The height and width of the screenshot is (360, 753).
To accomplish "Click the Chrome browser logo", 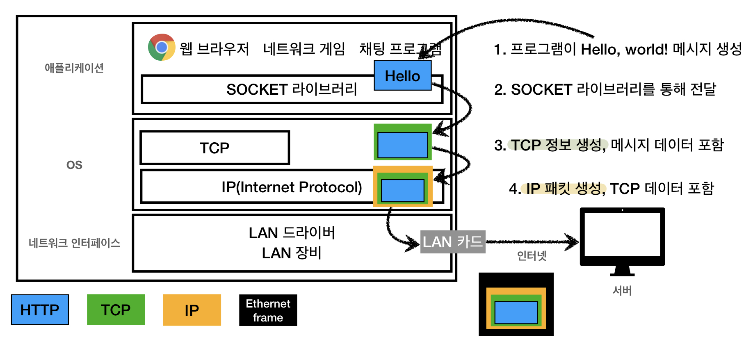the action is pyautogui.click(x=162, y=47).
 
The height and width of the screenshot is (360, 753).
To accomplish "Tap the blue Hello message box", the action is pyautogui.click(x=403, y=75).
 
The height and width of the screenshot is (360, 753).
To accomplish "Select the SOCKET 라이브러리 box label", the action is pyautogui.click(x=292, y=89).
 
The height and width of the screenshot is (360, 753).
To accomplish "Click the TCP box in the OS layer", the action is pyautogui.click(x=215, y=148).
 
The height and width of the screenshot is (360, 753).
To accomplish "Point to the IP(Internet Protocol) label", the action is pyautogui.click(x=292, y=187).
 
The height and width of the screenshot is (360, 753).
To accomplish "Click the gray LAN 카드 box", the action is pyautogui.click(x=453, y=242).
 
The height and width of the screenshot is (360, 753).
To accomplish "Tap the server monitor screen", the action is pyautogui.click(x=622, y=234).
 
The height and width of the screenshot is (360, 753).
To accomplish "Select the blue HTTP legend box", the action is pyautogui.click(x=40, y=310).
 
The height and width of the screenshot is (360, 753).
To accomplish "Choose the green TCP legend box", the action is pyautogui.click(x=116, y=310).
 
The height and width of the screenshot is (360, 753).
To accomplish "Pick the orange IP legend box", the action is pyautogui.click(x=192, y=310).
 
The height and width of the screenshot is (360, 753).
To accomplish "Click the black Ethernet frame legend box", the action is pyautogui.click(x=268, y=310).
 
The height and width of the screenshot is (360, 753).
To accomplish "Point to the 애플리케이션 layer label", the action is pyautogui.click(x=74, y=68).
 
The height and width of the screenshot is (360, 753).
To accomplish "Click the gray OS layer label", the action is pyautogui.click(x=74, y=165).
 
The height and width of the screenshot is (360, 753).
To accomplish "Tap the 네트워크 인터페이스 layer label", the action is pyautogui.click(x=74, y=243).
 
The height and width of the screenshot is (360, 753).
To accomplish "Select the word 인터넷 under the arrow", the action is pyautogui.click(x=532, y=256).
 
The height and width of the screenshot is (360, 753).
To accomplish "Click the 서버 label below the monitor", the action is pyautogui.click(x=622, y=291).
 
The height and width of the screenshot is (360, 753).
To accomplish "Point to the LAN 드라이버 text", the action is pyautogui.click(x=292, y=232).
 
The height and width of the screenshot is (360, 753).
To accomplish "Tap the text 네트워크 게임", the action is pyautogui.click(x=304, y=49).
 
